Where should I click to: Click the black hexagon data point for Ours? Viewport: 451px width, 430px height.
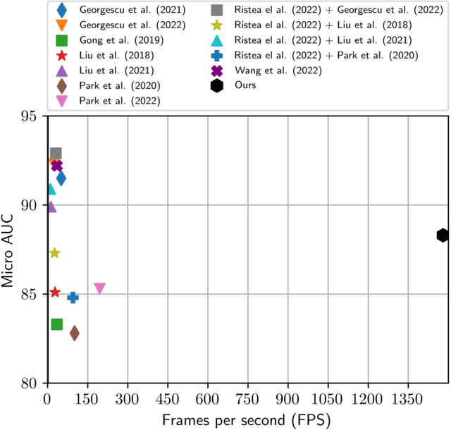click(443, 235)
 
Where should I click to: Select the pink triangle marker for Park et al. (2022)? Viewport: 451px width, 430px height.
click(99, 288)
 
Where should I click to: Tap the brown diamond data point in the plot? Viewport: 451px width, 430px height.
click(74, 333)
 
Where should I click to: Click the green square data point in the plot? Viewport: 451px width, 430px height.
click(57, 324)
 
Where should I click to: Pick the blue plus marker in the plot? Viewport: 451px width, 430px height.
click(73, 297)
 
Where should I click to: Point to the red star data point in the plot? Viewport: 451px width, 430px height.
click(55, 292)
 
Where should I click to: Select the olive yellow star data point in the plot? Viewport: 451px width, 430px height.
click(54, 253)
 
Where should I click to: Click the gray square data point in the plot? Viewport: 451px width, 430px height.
click(56, 153)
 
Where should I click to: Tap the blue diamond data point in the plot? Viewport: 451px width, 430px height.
click(61, 178)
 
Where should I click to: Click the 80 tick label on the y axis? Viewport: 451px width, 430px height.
click(30, 384)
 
